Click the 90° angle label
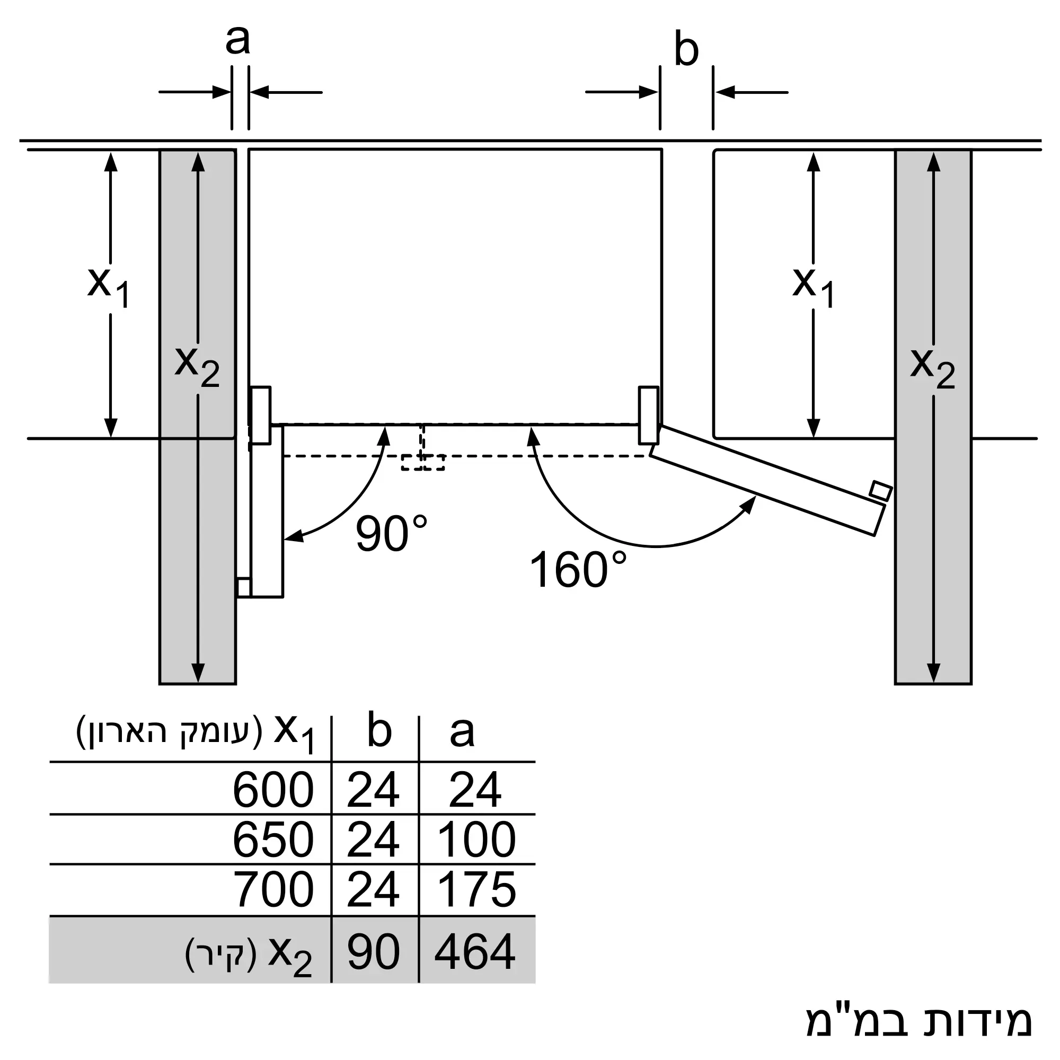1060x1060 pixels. click(x=391, y=534)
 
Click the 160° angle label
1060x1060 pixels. click(x=577, y=570)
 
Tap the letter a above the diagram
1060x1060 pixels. click(x=237, y=40)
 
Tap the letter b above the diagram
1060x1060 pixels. click(x=686, y=50)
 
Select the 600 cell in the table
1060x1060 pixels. click(x=272, y=790)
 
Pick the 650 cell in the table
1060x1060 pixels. click(x=272, y=840)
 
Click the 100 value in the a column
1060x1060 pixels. click(x=476, y=840)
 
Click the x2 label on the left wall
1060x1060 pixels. click(x=197, y=365)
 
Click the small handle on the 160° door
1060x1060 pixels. click(x=880, y=490)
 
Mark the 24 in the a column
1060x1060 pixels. click(x=475, y=790)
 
